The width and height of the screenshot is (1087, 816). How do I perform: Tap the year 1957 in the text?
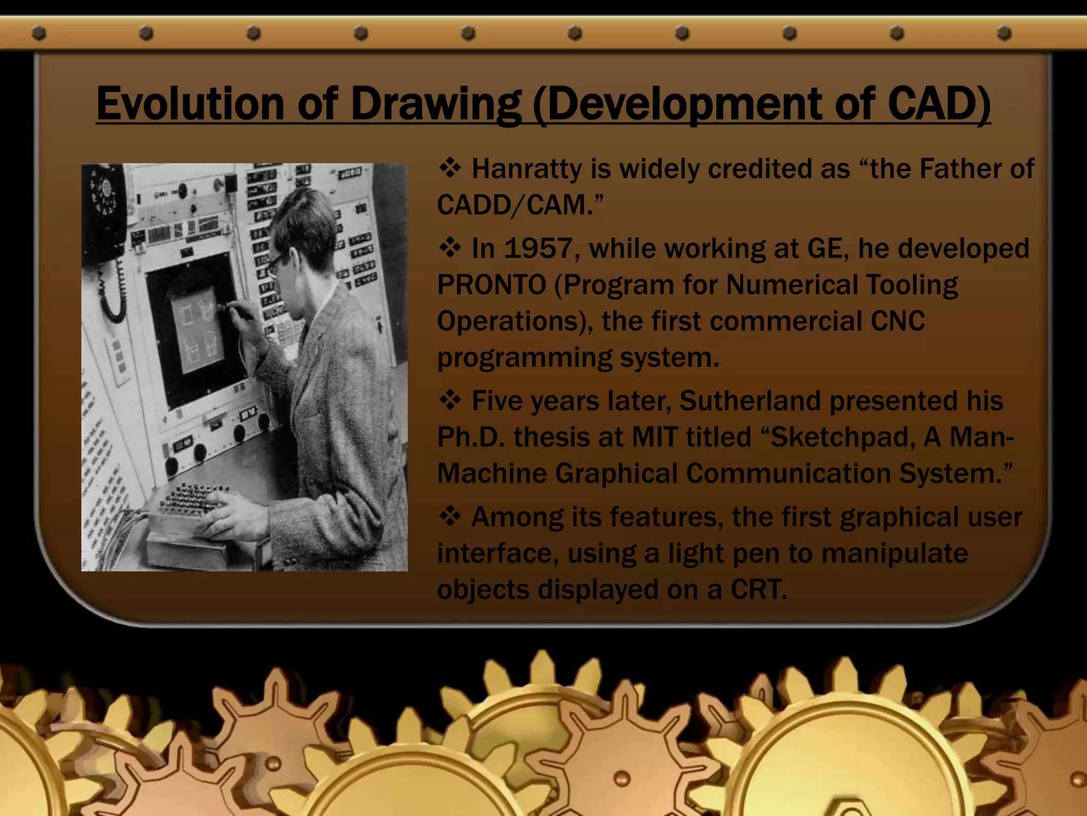point(538,248)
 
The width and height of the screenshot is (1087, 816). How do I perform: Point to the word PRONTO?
point(491,285)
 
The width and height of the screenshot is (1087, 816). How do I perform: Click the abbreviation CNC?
point(898,321)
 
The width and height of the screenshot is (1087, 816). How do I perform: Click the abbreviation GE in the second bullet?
point(827,248)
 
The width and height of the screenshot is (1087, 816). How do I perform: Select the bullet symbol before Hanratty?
point(450,168)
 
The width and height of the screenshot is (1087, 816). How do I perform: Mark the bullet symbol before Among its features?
point(450,516)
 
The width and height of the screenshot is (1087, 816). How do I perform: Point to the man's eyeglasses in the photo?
point(276,262)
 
